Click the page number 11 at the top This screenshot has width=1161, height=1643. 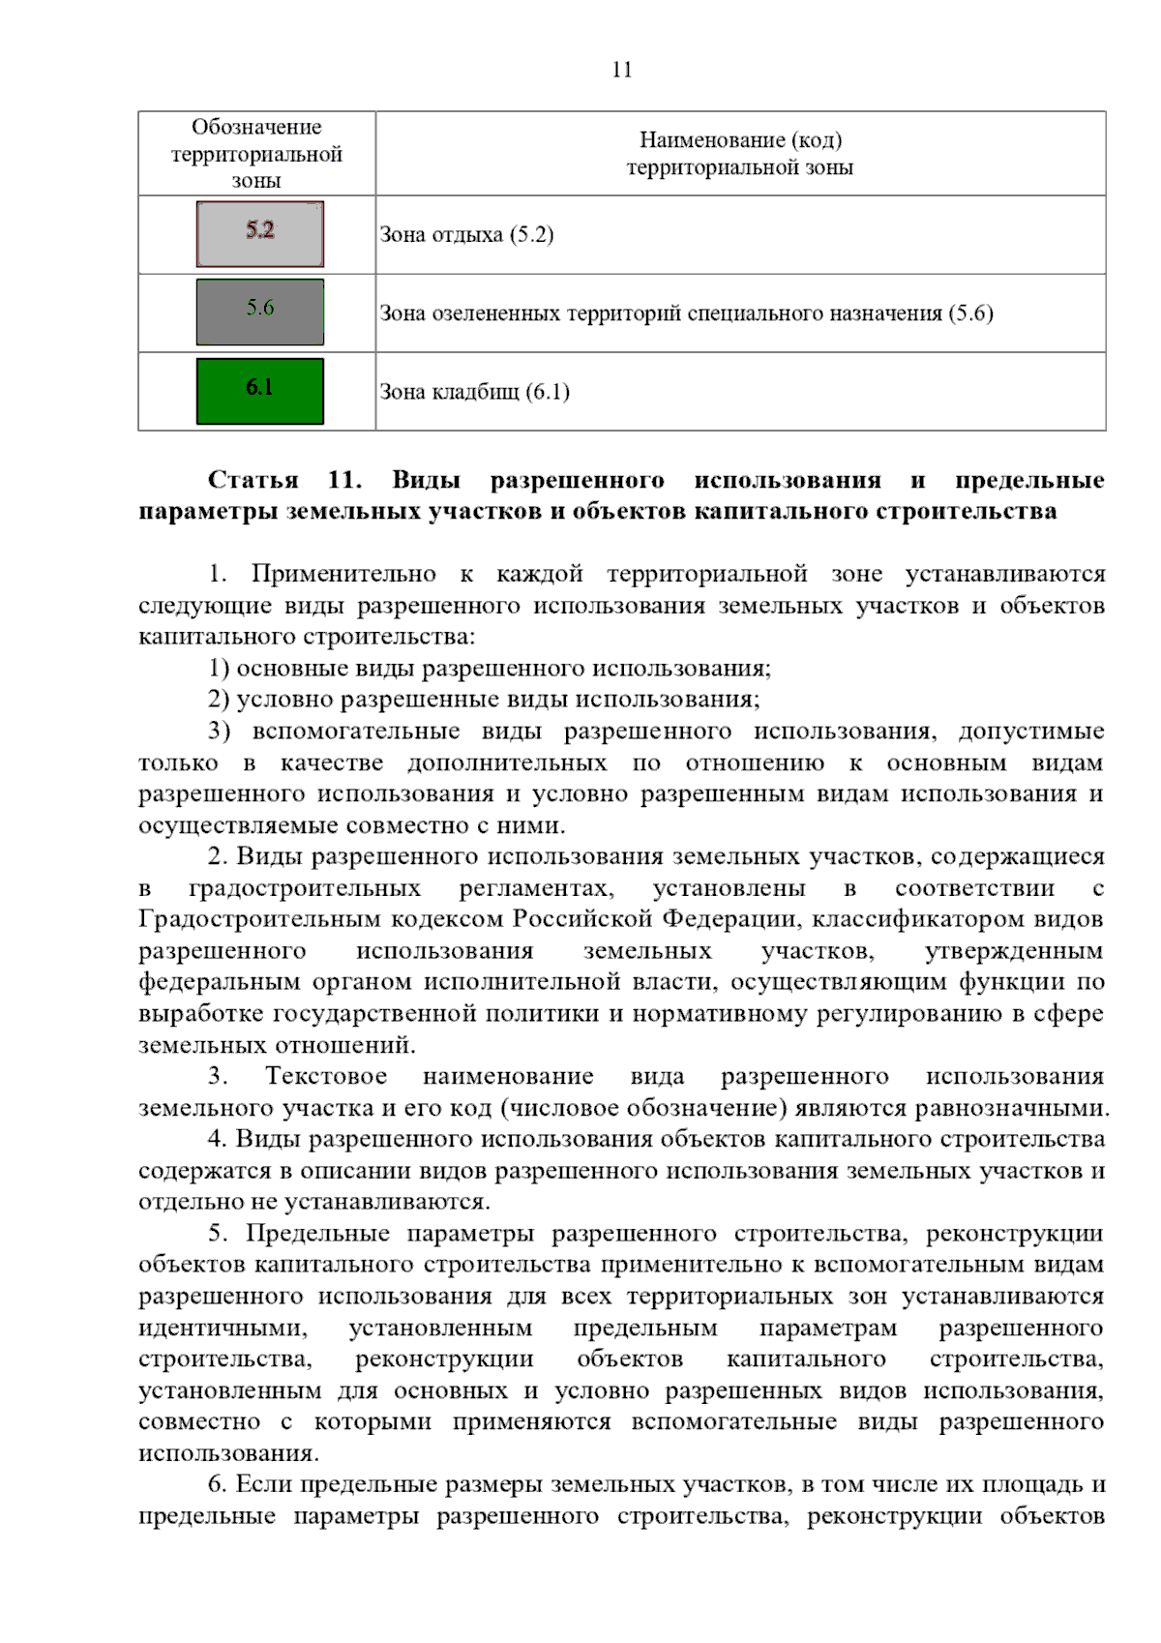[x=622, y=70]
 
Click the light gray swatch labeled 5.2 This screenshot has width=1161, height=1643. [x=259, y=234]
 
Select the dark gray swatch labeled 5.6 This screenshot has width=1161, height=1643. [x=259, y=312]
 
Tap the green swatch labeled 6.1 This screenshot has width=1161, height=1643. [x=259, y=391]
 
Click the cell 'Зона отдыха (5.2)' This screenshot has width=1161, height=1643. [x=466, y=235]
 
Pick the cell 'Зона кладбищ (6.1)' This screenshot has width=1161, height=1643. [x=474, y=392]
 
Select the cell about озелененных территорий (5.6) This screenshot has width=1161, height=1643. [x=686, y=314]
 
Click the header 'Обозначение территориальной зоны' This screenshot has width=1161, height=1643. [x=256, y=154]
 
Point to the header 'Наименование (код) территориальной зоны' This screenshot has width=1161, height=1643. [x=740, y=154]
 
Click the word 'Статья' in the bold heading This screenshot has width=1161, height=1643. [x=253, y=481]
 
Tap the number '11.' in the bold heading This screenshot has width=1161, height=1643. [x=344, y=481]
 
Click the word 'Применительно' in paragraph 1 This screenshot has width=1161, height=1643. [x=343, y=574]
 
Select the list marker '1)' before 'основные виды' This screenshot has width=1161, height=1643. [x=219, y=669]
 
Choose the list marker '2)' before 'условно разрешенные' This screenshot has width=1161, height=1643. [x=219, y=700]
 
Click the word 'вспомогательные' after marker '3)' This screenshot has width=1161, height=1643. [x=356, y=732]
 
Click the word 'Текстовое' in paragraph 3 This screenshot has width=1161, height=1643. [x=326, y=1077]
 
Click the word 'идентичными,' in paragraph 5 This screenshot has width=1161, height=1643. [x=223, y=1329]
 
